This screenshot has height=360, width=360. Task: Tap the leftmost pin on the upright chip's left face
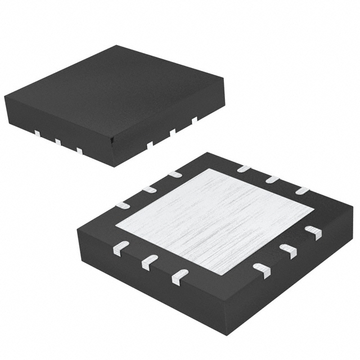(x=37, y=133)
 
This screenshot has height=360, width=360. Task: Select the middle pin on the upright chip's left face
(x=58, y=142)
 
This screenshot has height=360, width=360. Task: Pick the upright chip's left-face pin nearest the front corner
(x=80, y=151)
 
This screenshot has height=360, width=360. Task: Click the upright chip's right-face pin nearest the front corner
(x=150, y=145)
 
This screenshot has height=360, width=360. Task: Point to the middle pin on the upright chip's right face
(x=173, y=132)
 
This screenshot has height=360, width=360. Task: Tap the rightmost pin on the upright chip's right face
(x=195, y=119)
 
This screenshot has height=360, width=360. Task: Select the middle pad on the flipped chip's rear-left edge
(x=148, y=189)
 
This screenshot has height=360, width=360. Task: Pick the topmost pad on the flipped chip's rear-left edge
(x=175, y=174)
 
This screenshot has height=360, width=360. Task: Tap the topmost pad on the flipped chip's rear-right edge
(x=244, y=168)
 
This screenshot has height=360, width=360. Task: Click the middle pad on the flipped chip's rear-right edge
(x=273, y=179)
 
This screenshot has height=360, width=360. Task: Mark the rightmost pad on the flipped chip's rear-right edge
(x=303, y=191)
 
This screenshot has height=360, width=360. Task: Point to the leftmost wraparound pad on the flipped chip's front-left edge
(x=121, y=247)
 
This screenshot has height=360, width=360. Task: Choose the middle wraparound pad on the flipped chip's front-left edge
(x=149, y=261)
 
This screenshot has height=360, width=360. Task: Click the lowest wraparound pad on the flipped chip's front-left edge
(x=179, y=275)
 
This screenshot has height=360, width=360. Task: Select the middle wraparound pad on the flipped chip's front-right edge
(x=287, y=251)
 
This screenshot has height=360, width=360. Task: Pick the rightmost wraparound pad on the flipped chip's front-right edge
(x=313, y=232)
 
